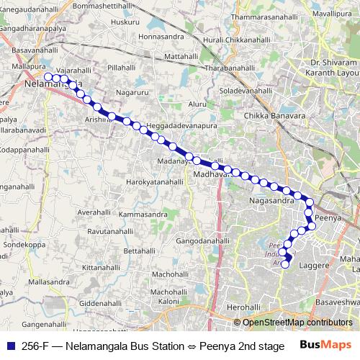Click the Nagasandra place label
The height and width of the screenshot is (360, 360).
coord(271,201)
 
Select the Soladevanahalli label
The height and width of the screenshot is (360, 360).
coord(254,92)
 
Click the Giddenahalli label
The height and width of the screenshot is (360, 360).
coord(96,304)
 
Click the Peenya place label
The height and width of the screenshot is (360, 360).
coord(328,217)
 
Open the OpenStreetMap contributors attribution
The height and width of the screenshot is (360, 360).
coord(297,323)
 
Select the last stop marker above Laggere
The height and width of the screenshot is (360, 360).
coord(284,264)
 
